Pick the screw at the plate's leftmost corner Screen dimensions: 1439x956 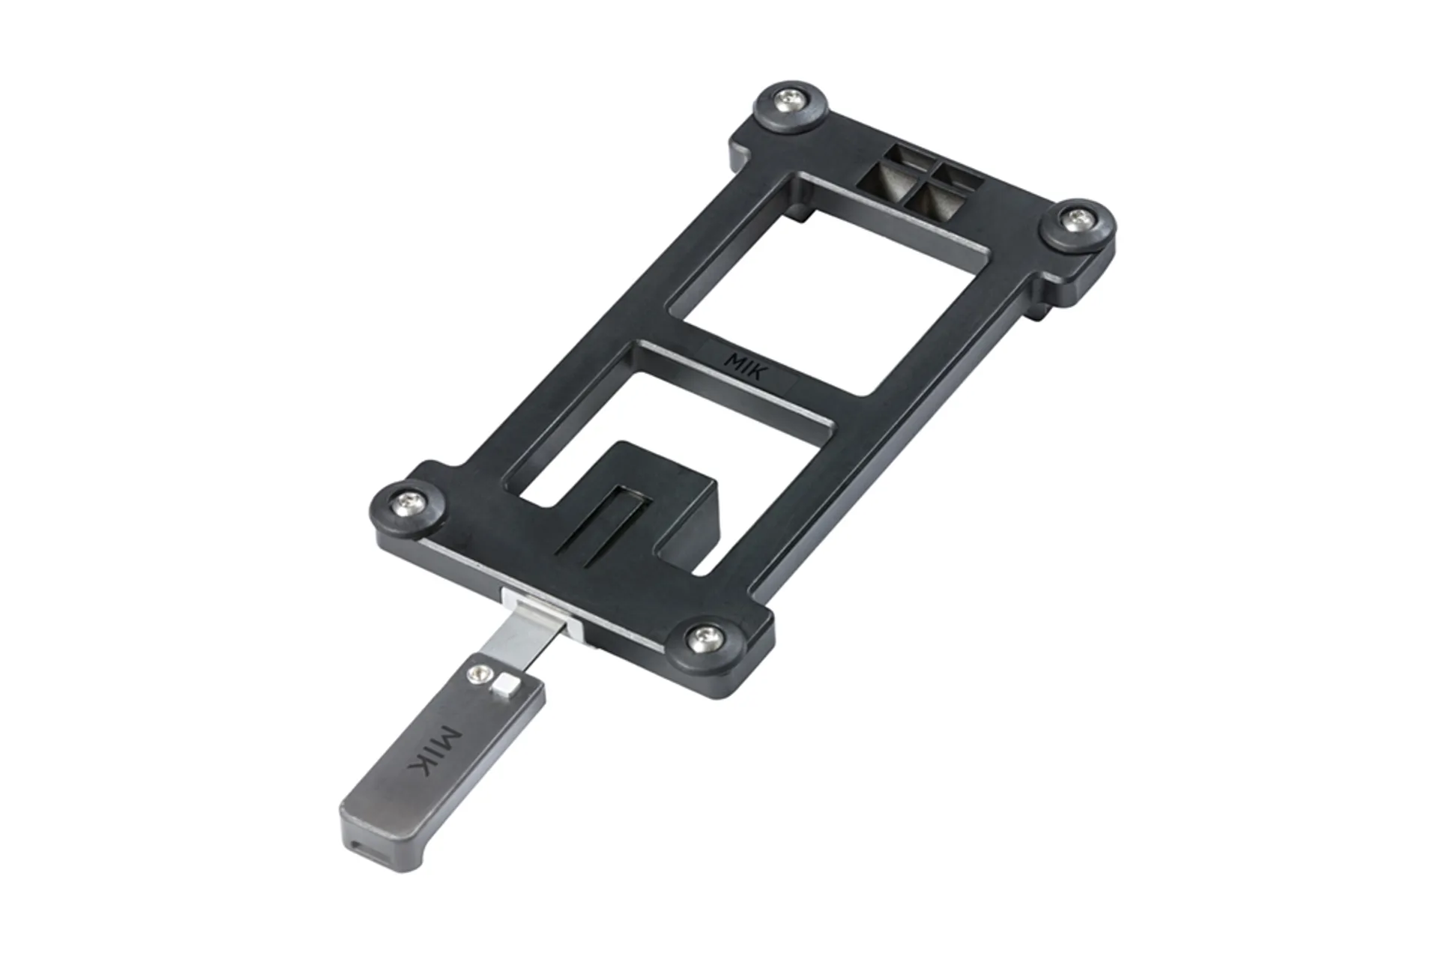click(411, 497)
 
